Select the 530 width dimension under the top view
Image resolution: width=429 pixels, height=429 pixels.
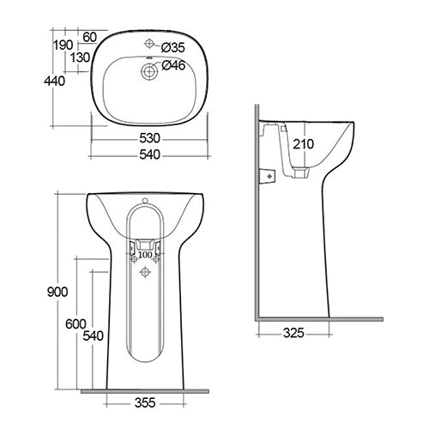(149, 138)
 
